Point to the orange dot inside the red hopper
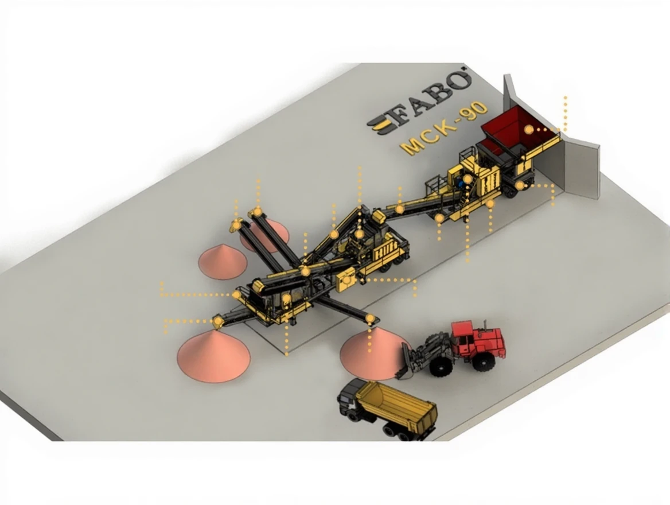pyautogui.click(x=529, y=130)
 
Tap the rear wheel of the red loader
pyautogui.click(x=484, y=361)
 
